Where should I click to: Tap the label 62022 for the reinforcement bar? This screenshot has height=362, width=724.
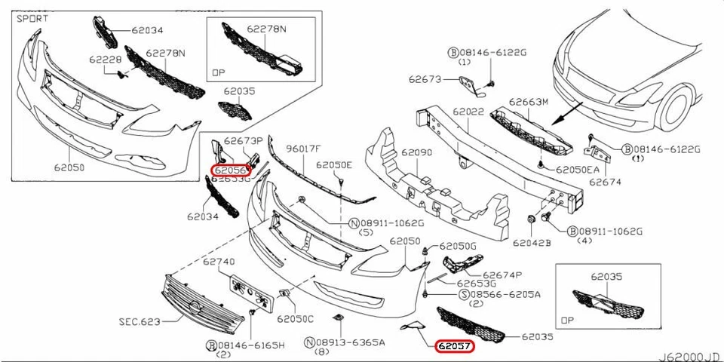pyautogui.click(x=468, y=112)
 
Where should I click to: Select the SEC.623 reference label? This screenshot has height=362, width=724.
pyautogui.click(x=140, y=321)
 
